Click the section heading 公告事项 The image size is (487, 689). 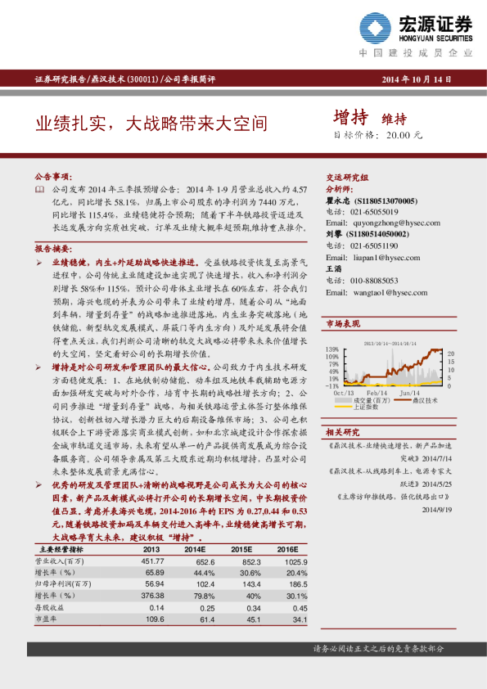(53, 177)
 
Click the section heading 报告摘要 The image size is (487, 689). (53, 248)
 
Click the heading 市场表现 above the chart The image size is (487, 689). (343, 324)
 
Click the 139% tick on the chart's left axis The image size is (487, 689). (334, 349)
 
